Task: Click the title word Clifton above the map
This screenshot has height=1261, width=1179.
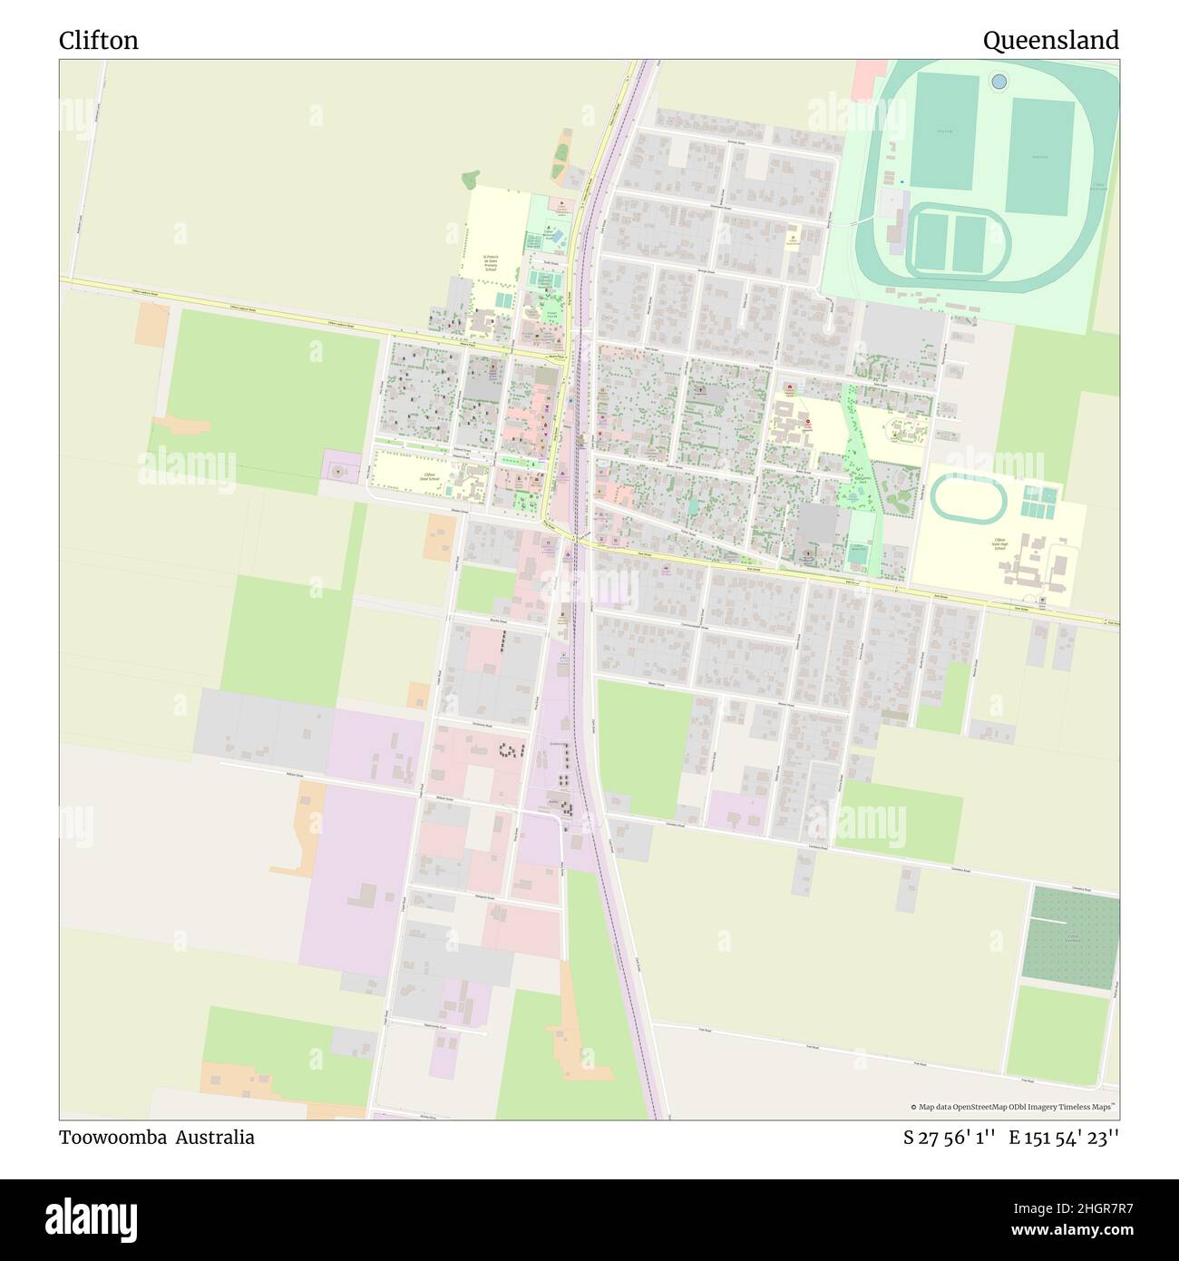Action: (x=99, y=41)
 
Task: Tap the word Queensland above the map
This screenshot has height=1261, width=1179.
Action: (x=1050, y=41)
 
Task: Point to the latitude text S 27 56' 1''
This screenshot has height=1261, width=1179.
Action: (x=950, y=1138)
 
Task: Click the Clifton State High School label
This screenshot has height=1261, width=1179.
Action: (x=999, y=545)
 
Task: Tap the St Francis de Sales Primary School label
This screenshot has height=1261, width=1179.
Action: (x=490, y=263)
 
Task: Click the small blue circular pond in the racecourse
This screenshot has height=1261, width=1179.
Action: (x=999, y=82)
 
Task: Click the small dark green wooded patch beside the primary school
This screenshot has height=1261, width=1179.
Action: (x=470, y=179)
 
